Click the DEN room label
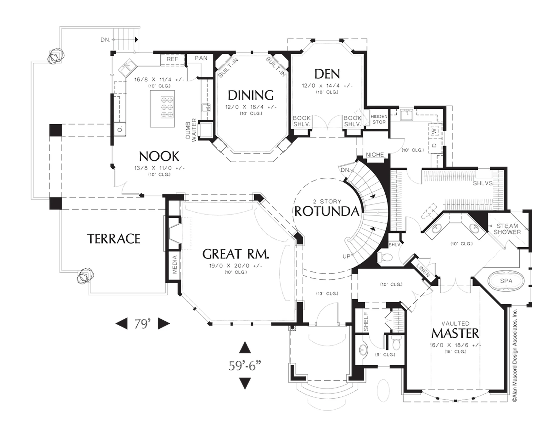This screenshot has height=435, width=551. [x=327, y=74]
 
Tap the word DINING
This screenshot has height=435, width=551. [x=251, y=95]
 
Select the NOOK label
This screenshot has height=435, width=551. [x=159, y=156]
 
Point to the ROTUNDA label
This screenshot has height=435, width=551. [x=327, y=212]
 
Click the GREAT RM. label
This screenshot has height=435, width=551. [x=236, y=254]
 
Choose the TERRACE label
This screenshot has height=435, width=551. [x=114, y=239]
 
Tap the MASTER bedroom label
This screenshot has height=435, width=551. [x=455, y=333]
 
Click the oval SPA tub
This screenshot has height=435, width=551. [x=506, y=281]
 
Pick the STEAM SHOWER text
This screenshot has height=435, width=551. [x=507, y=229]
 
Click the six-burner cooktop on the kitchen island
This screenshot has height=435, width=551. [x=167, y=107]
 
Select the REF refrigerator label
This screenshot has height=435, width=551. [x=172, y=59]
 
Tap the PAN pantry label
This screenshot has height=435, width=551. [x=201, y=58]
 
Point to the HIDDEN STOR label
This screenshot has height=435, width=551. [x=379, y=119]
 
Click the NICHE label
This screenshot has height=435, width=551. [x=375, y=155]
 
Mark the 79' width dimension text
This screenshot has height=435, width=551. [x=142, y=324]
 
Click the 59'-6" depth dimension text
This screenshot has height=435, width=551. [x=245, y=366]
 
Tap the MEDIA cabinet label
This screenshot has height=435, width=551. [x=175, y=264]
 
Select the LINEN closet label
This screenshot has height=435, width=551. [x=423, y=270]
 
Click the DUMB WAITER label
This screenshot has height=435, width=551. [x=191, y=130]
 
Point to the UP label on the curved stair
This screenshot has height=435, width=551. [x=346, y=256]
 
